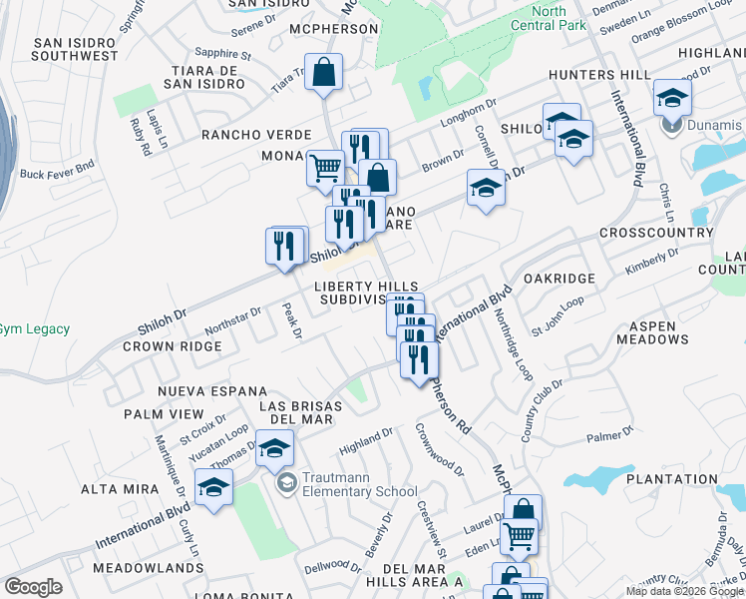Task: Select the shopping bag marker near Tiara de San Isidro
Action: point(324,74)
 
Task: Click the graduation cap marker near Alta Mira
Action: point(213,488)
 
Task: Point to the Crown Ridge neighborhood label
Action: point(172,346)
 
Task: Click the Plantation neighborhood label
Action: point(672,479)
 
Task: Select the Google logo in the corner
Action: point(33,587)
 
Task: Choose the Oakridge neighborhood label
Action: point(559,279)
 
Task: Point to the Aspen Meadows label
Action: point(659,332)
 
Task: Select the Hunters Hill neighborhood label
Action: point(598,75)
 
